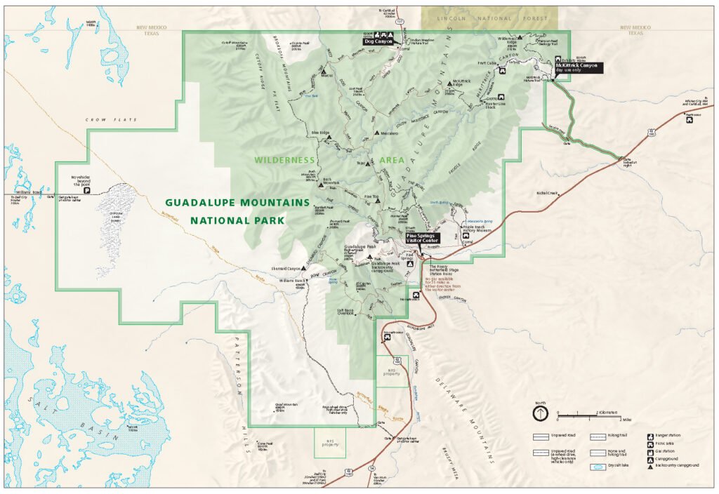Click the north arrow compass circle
[x=539, y=413]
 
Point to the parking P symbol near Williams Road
[x=87, y=189]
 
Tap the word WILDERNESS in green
[x=285, y=161]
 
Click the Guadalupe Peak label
[x=361, y=247]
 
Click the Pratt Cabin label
[x=487, y=62]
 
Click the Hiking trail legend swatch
[x=599, y=436]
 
